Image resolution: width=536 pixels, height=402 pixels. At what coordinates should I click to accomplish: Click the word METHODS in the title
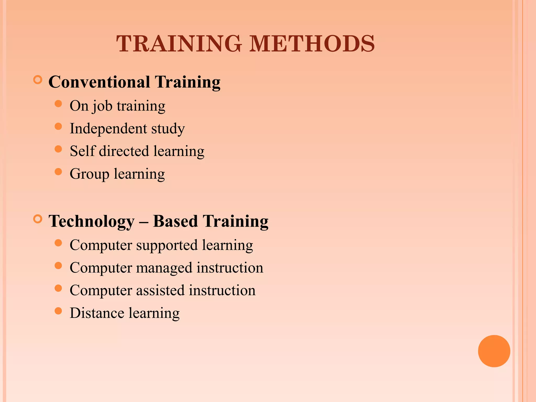(312, 43)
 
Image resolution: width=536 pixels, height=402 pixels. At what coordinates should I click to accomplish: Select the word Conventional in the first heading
(99, 82)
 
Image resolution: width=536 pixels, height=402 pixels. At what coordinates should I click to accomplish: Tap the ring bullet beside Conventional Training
(38, 80)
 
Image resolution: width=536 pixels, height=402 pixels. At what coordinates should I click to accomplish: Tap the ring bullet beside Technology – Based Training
(38, 219)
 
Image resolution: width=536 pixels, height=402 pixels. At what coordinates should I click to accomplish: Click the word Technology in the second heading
(92, 221)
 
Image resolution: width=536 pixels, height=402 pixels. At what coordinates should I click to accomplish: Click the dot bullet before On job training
(58, 104)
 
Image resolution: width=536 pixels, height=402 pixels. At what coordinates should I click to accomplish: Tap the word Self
(82, 151)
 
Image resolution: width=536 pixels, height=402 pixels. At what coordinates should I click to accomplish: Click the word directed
(124, 151)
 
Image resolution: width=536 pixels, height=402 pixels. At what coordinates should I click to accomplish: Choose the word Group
(89, 174)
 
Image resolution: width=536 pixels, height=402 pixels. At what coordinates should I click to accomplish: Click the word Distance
(97, 313)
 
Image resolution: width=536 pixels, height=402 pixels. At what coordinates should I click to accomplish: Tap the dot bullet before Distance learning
(58, 311)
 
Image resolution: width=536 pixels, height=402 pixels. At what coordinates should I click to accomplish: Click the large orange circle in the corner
(494, 351)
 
